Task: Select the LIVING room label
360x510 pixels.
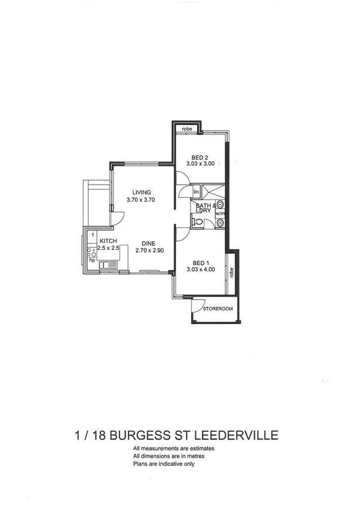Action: point(142,192)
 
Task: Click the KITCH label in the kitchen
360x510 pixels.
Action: point(99,241)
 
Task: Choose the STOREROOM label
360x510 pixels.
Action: point(217,309)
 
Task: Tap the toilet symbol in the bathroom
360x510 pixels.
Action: point(196,222)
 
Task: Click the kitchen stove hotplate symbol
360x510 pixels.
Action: point(92,253)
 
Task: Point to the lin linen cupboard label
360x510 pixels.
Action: point(196,192)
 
